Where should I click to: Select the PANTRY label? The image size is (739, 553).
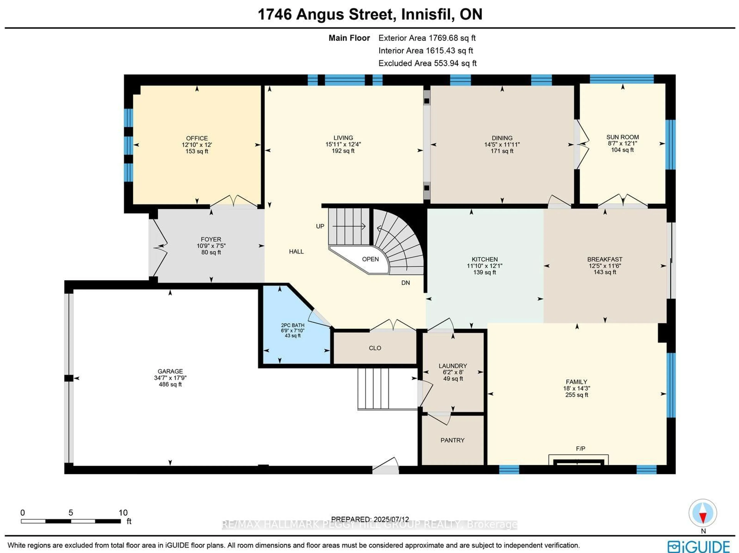452,440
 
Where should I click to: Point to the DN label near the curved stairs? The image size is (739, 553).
405,283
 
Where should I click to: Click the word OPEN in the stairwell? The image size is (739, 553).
370,259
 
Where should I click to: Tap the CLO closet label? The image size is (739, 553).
375,348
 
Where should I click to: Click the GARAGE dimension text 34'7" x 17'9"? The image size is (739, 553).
170,378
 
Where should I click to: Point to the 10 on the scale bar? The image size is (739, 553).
123,513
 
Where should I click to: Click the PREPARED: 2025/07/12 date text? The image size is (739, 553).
370,519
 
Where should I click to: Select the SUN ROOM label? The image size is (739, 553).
622,137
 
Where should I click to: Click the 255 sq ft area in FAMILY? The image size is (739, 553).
576,395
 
